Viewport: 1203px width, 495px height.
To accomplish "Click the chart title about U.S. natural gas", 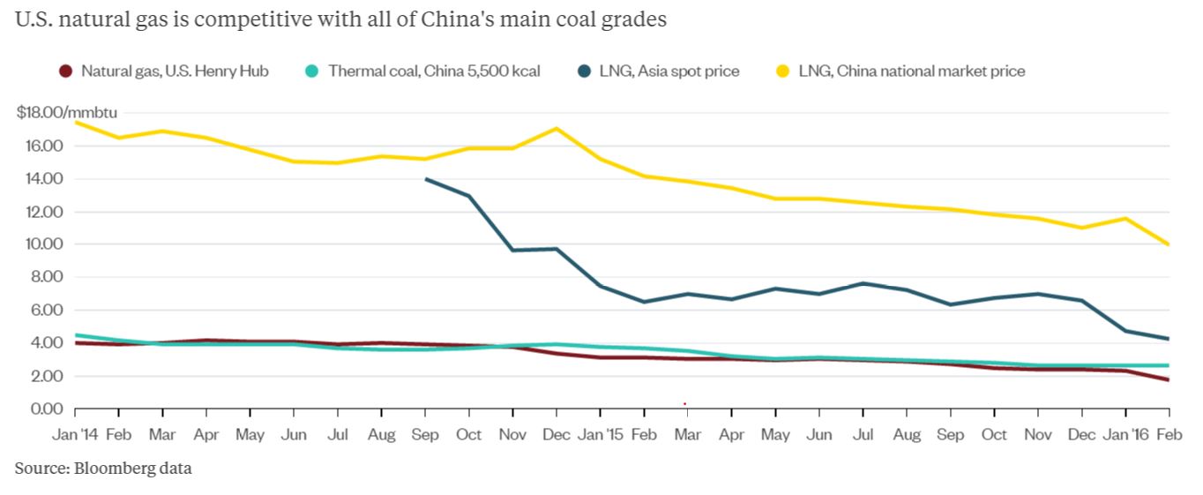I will pos(340,20).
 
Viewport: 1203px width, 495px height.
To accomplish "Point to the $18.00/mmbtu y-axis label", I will pos(66,113).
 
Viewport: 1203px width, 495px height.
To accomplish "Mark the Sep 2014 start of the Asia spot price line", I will pos(426,179).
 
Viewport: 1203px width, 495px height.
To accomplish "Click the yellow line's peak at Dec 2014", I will pos(557,129).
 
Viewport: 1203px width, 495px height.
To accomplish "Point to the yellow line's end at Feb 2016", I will pos(1169,244).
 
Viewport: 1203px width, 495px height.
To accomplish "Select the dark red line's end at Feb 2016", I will pos(1169,380).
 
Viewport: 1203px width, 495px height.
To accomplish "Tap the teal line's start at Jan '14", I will pos(76,335).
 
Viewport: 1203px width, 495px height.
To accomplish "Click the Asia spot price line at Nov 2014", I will pos(512,251).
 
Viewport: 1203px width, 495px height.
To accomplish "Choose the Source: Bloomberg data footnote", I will pos(102,469).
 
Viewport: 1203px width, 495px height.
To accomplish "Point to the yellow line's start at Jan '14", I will pos(76,122).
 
